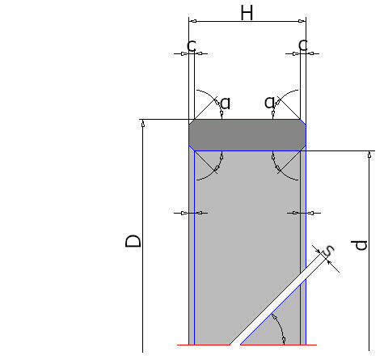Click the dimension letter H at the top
(247, 13)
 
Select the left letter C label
(192, 45)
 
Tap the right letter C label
(303, 45)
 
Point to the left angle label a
(226, 104)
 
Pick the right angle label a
(269, 102)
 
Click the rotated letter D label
(133, 241)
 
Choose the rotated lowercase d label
(359, 245)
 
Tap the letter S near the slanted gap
(328, 251)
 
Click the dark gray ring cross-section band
(247, 135)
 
